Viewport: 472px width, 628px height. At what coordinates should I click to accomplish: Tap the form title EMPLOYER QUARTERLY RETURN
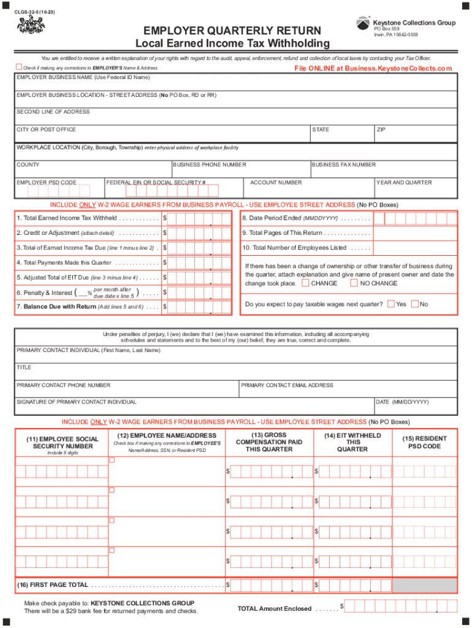click(232, 31)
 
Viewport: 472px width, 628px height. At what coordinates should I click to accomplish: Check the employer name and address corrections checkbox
click(19, 67)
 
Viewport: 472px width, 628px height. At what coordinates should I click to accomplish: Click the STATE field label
click(321, 129)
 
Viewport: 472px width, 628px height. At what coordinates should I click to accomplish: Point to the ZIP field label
click(382, 129)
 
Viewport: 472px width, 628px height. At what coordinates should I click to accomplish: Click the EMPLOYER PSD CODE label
click(47, 183)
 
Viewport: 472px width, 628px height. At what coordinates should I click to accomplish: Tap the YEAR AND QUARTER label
click(404, 183)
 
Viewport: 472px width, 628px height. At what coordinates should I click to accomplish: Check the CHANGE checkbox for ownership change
click(306, 283)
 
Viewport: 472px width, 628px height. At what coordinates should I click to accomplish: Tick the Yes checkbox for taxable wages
click(390, 304)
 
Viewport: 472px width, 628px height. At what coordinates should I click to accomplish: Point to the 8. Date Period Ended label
click(291, 218)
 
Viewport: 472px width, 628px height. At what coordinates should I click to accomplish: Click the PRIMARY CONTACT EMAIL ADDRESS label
click(287, 385)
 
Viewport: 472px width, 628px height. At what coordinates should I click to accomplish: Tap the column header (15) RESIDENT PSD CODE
click(424, 442)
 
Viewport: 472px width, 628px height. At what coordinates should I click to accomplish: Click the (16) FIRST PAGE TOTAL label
click(55, 585)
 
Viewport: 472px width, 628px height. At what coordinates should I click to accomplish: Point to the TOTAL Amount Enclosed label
click(275, 608)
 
